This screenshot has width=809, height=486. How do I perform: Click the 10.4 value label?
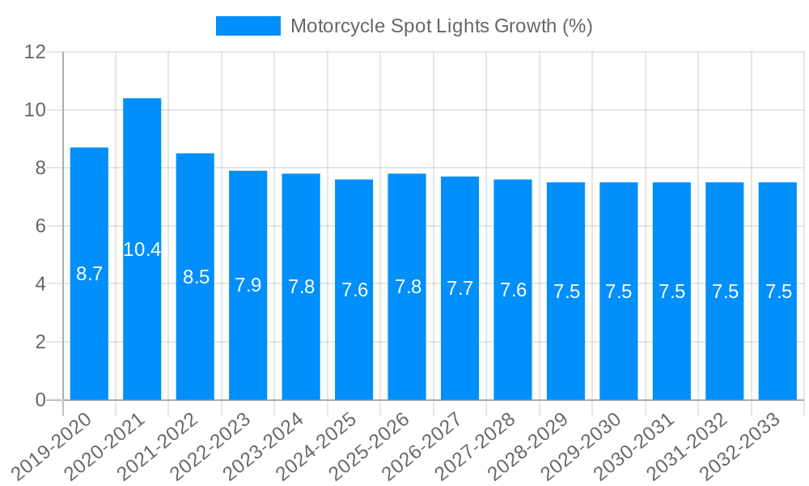coord(142,249)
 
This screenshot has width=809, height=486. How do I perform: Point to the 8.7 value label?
coord(89,274)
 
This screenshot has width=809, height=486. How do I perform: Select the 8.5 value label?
coord(196,277)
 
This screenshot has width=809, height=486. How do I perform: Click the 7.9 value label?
coord(248,285)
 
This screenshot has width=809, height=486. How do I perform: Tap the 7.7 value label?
coord(460,288)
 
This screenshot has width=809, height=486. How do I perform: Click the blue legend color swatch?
coord(248,26)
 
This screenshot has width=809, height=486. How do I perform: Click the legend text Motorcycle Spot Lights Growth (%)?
coord(441,26)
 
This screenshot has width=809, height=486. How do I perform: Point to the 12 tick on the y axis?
coord(35,52)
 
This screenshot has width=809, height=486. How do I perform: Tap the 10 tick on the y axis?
coord(35,110)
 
